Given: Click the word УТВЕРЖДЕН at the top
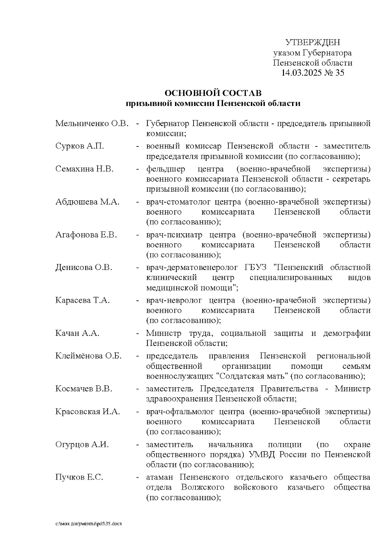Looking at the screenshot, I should [312, 42].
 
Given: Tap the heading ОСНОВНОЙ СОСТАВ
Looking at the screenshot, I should [213, 93].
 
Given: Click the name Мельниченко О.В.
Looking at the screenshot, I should [92, 123].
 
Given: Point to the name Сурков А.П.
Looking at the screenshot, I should [80, 146].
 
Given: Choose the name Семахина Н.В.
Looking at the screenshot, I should [84, 169].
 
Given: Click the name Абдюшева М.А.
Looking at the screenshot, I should [87, 202].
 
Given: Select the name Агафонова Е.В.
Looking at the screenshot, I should [86, 235].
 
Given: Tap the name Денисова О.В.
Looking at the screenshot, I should [84, 267].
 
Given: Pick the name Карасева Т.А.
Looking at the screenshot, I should [82, 300].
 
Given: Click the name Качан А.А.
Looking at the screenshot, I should [77, 333].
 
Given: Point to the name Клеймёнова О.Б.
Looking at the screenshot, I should [88, 356].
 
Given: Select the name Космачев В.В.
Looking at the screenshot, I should [83, 389].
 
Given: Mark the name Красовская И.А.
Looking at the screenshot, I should [88, 412].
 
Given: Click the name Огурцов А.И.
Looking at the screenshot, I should [82, 444].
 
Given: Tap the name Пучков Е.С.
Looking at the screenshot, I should [79, 477].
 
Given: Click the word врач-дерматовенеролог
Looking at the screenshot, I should [192, 267].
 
